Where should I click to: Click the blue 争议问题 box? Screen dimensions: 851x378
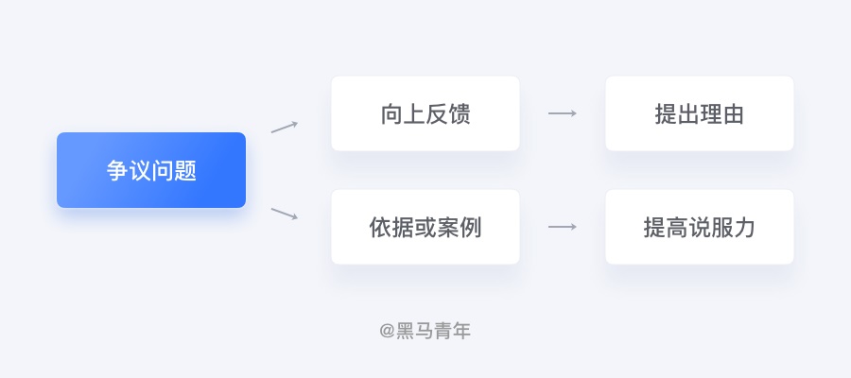tap(151, 170)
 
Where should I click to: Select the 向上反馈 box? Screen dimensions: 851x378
tap(425, 113)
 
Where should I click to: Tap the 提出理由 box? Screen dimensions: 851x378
tap(700, 113)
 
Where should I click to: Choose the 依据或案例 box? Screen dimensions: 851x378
tap(425, 227)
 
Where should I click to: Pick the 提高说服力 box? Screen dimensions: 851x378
tap(700, 227)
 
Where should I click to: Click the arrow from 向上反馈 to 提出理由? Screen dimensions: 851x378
tap(563, 113)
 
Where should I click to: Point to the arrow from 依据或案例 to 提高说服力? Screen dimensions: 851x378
tap(563, 227)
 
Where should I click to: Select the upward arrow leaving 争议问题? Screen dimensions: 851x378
tap(285, 127)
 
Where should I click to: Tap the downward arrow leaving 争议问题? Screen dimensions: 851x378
tap(285, 214)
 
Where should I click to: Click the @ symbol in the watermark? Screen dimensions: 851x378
tap(387, 331)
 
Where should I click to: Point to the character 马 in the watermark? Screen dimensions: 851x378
tap(425, 331)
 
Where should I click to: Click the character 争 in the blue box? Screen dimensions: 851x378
tap(117, 170)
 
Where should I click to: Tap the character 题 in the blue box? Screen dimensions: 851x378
tap(185, 170)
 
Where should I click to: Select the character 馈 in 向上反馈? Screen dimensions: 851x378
tap(460, 114)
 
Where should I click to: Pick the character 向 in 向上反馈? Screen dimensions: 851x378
tap(391, 114)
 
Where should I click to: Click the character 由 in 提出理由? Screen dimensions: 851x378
tap(734, 114)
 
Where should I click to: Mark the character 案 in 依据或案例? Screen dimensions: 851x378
tap(448, 227)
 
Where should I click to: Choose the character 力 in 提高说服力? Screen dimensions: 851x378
tap(745, 227)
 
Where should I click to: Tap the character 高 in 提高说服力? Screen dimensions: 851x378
tap(677, 227)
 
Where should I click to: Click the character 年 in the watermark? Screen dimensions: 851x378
tap(461, 331)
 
